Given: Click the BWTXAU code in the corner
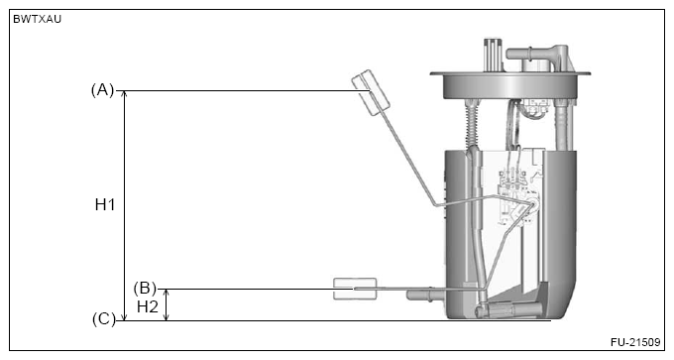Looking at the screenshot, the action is click(37, 20).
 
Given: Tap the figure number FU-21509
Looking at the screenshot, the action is click(635, 342).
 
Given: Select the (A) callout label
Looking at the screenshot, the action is click(102, 90).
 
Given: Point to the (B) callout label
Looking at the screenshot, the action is click(145, 288).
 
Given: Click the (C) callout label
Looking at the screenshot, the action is click(104, 319).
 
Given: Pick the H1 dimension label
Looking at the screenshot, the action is click(105, 204).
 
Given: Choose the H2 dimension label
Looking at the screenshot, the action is click(148, 306).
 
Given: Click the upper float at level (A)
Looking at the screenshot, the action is click(371, 92).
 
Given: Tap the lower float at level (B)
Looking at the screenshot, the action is click(355, 289).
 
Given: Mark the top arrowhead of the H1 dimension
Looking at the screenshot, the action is click(125, 94).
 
